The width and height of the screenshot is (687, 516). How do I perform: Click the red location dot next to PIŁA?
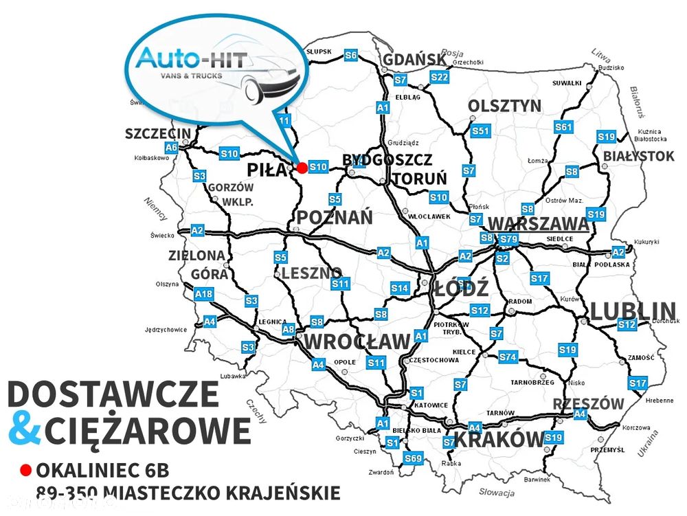point(302,167)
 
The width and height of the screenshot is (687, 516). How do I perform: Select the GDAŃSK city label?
point(414,60)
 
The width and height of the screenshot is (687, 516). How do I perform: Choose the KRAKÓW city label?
point(499,440)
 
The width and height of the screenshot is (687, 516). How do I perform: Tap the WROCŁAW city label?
point(357,341)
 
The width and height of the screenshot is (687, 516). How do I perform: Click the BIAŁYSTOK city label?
point(639,157)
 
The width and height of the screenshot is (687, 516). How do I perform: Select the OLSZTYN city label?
point(504,106)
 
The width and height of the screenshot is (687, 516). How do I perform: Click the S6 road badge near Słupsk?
point(351,54)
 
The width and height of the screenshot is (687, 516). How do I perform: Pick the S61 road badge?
point(563,127)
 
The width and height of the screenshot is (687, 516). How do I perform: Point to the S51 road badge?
point(480,131)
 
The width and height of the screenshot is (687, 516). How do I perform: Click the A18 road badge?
point(204,295)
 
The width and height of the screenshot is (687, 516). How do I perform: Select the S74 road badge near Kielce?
point(508,357)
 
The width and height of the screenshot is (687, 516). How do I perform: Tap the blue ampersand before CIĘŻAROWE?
point(24,431)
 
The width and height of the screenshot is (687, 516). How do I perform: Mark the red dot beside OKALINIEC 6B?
point(26,471)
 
